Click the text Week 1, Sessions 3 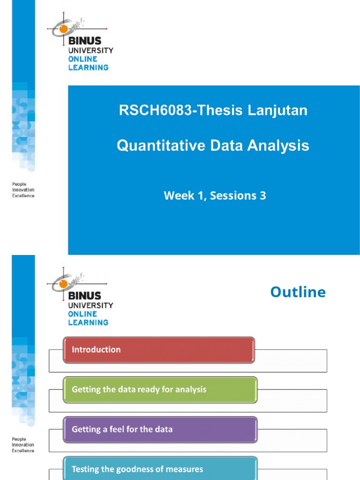pyautogui.click(x=215, y=196)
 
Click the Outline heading pyautogui.click(x=298, y=292)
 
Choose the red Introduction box pyautogui.click(x=159, y=350)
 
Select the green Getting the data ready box pyautogui.click(x=160, y=390)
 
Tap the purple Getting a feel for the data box pyautogui.click(x=160, y=429)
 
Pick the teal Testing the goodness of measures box pyautogui.click(x=160, y=469)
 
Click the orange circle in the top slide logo pyautogui.click(x=63, y=29)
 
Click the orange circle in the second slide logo pyautogui.click(x=63, y=284)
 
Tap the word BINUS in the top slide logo pyautogui.click(x=84, y=41)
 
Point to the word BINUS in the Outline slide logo pyautogui.click(x=84, y=296)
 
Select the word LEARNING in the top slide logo pyautogui.click(x=88, y=67)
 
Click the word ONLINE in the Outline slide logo pyautogui.click(x=82, y=314)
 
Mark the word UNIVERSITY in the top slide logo pyautogui.click(x=90, y=50)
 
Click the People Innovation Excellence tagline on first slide pyautogui.click(x=23, y=190)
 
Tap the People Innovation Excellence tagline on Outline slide pyautogui.click(x=23, y=445)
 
